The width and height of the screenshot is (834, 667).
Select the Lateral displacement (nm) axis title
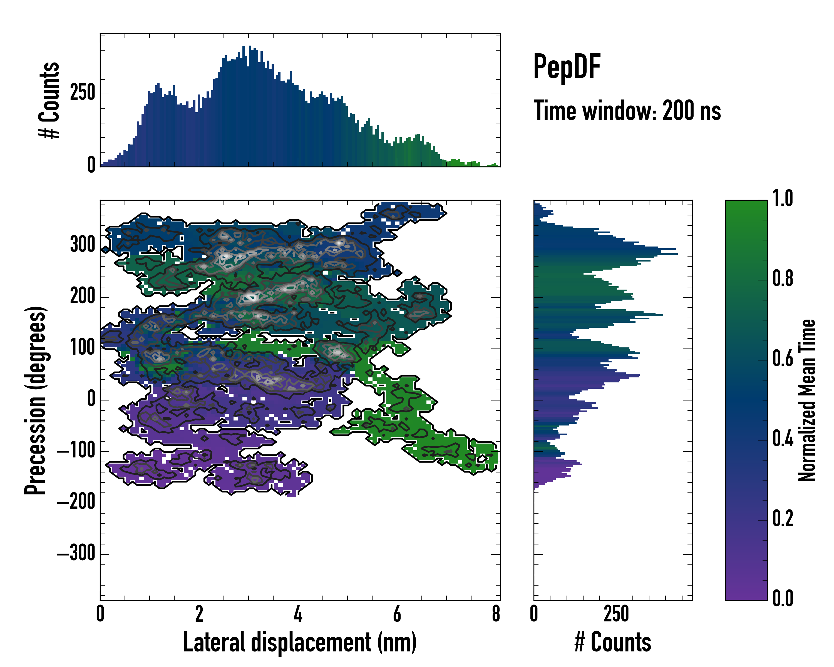pyautogui.click(x=300, y=642)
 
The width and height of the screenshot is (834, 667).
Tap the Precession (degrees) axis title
pyautogui.click(x=36, y=400)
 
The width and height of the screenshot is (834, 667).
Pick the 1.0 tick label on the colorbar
pyautogui.click(x=783, y=198)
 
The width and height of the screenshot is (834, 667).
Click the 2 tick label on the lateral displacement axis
pyautogui.click(x=199, y=614)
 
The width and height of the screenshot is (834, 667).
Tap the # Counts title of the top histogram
pyautogui.click(x=49, y=100)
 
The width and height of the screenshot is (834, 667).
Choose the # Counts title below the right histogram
pyautogui.click(x=613, y=642)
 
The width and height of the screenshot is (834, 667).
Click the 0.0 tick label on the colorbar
pyautogui.click(x=783, y=599)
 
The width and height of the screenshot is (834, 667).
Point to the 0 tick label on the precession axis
pyautogui.click(x=91, y=399)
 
